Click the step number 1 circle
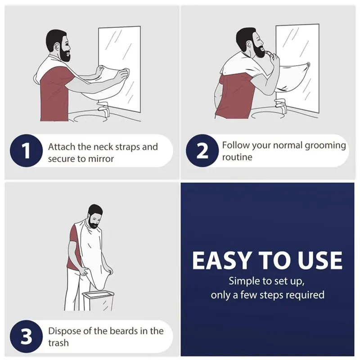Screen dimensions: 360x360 [x=26, y=151]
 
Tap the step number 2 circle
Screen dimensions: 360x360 [x=202, y=151]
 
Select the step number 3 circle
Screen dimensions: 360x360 [x=26, y=336]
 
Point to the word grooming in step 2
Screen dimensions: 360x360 [x=325, y=146]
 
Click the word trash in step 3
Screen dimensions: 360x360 [x=58, y=343]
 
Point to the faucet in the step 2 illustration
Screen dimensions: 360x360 [x=281, y=106]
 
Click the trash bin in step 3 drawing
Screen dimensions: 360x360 [x=98, y=301]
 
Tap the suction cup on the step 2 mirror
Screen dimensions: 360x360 [x=308, y=64]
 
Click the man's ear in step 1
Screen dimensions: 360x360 [x=57, y=47]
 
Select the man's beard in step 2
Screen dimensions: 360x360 [x=258, y=50]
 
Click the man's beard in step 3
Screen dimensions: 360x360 [x=94, y=223]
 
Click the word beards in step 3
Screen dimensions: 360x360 [x=124, y=331]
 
